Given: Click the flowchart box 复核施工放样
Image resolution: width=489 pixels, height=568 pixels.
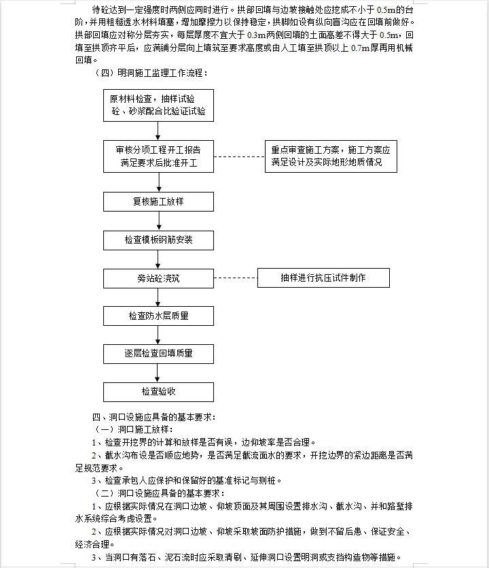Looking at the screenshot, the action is (x=158, y=201).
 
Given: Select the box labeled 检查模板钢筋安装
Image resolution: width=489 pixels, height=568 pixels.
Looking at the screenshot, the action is (x=158, y=240).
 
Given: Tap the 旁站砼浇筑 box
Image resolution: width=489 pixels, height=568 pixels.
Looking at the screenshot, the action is (x=158, y=279).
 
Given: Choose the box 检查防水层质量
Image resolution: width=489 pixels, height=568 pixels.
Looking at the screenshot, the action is (x=158, y=316).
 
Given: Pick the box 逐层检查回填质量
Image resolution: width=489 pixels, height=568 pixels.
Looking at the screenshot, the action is (x=158, y=354).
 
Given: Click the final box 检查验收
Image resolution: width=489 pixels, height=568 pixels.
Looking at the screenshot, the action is (x=158, y=392).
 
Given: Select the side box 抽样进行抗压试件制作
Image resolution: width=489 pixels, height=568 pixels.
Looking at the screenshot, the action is (x=323, y=278).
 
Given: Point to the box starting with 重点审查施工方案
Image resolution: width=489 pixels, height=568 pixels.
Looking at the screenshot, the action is (x=331, y=156).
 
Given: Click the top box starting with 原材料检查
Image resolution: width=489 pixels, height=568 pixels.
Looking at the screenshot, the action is (x=158, y=105).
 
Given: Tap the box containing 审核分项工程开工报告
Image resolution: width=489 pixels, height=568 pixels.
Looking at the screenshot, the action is (x=158, y=156).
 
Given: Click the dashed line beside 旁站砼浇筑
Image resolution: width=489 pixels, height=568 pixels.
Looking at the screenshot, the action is (x=236, y=278).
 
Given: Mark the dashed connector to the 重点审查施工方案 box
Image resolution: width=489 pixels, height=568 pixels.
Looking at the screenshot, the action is (x=240, y=157).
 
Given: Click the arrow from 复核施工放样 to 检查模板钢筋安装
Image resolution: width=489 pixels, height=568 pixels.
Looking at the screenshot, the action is (x=159, y=221).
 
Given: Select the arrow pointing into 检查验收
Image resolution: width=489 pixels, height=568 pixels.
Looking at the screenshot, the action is (x=158, y=373).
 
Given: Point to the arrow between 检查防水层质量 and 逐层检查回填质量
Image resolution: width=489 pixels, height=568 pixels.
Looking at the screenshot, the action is (x=158, y=335).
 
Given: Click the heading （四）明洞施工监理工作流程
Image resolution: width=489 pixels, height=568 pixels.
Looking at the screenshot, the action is (x=151, y=73).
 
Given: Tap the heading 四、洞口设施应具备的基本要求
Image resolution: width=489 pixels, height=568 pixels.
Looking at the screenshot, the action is (x=154, y=417).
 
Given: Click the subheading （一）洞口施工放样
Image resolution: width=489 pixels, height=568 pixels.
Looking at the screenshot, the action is (x=133, y=430).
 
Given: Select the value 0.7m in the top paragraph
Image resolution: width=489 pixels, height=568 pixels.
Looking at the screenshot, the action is (x=360, y=48).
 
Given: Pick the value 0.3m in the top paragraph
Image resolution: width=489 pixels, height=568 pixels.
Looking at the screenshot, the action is (x=257, y=35).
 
